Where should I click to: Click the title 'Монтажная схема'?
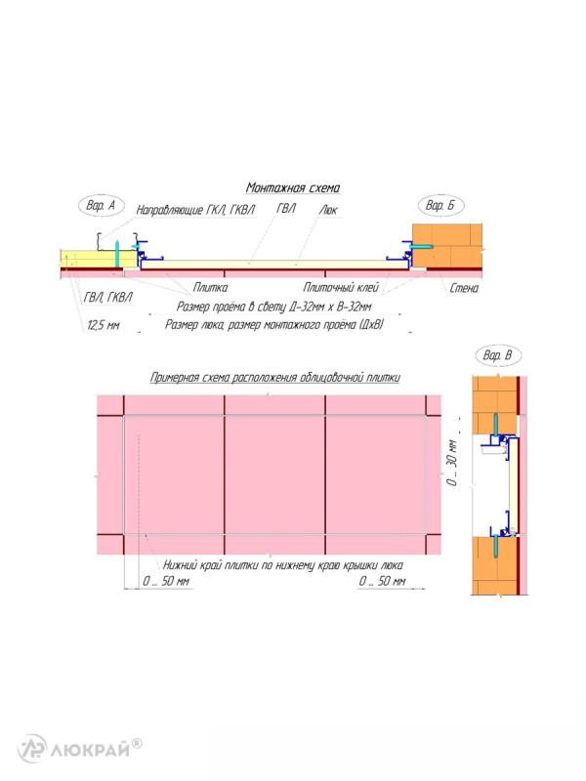293,187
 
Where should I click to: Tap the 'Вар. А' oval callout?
102,205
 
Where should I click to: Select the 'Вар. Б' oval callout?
440,205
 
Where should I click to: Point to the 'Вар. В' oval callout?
497,355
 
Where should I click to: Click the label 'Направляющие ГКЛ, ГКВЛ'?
196,210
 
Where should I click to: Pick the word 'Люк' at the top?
328,210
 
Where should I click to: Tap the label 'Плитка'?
210,287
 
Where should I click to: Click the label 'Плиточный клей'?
341,287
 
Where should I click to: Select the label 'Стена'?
464,288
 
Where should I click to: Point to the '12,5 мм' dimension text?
104,325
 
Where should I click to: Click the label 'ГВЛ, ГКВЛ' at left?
108,298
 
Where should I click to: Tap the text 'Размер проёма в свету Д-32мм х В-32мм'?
274,307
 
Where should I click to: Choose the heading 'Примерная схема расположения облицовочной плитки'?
275,378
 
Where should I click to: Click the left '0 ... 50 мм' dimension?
166,581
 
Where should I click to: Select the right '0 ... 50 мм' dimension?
382,581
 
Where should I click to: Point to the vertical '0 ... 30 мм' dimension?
452,462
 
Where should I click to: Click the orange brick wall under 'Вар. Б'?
447,246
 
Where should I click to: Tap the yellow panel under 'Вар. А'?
100,258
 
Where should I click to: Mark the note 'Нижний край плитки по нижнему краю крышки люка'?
283,565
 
